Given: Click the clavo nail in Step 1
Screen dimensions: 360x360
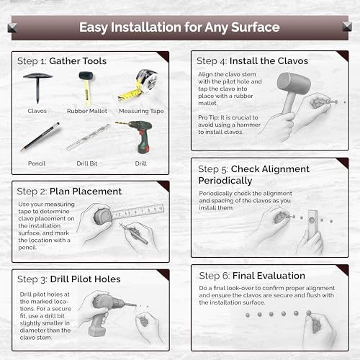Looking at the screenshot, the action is pyautogui.click(x=37, y=87).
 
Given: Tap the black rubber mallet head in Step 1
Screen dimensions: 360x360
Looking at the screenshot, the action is pyautogui.click(x=86, y=76).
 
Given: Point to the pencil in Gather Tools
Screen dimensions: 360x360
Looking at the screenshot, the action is pyautogui.click(x=40, y=137).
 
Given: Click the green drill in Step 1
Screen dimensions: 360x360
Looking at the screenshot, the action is pyautogui.click(x=138, y=136).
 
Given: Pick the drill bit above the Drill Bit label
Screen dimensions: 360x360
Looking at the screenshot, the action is pyautogui.click(x=88, y=137).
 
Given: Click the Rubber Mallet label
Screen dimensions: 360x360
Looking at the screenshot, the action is pyautogui.click(x=87, y=111).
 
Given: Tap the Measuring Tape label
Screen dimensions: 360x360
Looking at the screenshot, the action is pyautogui.click(x=141, y=111).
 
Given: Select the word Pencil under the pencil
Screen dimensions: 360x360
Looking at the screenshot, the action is pyautogui.click(x=37, y=163).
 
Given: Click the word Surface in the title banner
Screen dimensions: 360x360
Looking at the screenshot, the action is pyautogui.click(x=256, y=27).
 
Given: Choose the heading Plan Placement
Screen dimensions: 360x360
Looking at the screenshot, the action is pyautogui.click(x=86, y=192).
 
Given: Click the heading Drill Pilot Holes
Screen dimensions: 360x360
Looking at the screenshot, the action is pyautogui.click(x=86, y=279).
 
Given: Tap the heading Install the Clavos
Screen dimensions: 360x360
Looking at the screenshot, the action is pyautogui.click(x=269, y=61).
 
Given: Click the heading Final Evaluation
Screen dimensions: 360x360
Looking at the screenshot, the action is pyautogui.click(x=269, y=276).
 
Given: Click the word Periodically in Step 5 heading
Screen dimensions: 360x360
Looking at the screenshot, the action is pyautogui.click(x=225, y=181).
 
